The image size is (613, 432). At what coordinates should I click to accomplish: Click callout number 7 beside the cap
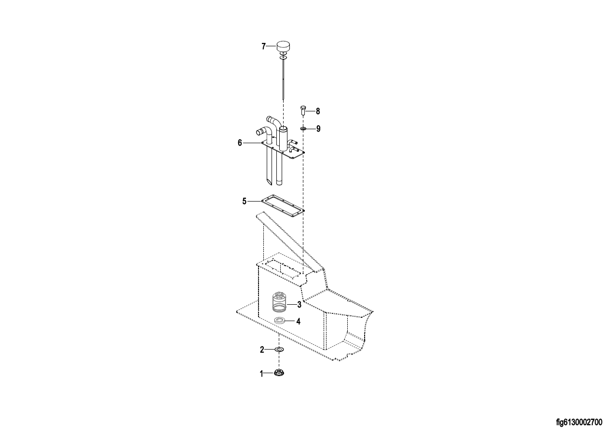click(263, 46)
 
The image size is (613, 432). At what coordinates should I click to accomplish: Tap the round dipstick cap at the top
click(283, 46)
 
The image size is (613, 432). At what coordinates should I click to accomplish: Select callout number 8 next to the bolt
click(318, 111)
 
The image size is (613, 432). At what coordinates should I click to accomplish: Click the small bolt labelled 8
click(303, 110)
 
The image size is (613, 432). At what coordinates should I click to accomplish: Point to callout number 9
click(318, 129)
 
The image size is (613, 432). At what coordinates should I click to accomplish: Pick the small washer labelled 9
click(303, 128)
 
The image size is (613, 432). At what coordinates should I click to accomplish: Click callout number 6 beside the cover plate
click(240, 143)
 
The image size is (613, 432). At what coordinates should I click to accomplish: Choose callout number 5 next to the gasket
click(245, 202)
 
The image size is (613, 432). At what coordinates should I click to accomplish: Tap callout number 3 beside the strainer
click(299, 304)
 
